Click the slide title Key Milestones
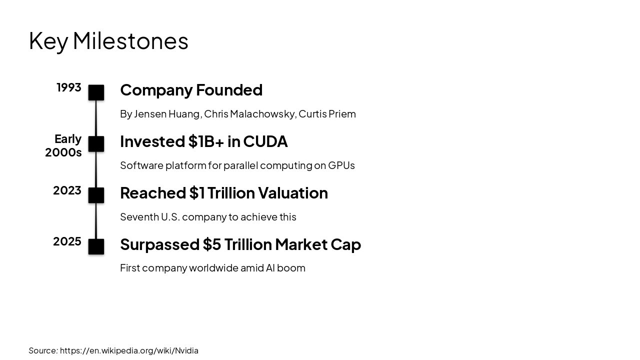coord(108,41)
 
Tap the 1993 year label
coord(69,87)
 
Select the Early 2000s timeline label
coord(63,145)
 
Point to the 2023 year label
coord(67,190)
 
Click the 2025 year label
coord(67,241)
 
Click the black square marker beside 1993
coord(96,92)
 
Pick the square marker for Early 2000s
coord(96,144)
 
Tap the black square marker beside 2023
coord(96,195)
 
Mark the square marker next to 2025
coord(96,246)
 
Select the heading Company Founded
coord(191,90)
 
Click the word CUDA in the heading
coord(265,141)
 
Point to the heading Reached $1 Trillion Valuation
coord(224,193)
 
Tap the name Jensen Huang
coord(167,114)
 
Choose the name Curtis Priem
coord(327,114)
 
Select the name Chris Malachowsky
coord(249,114)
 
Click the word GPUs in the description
coord(341,165)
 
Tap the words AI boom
coord(285,268)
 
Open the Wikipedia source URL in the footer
coord(129,350)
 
